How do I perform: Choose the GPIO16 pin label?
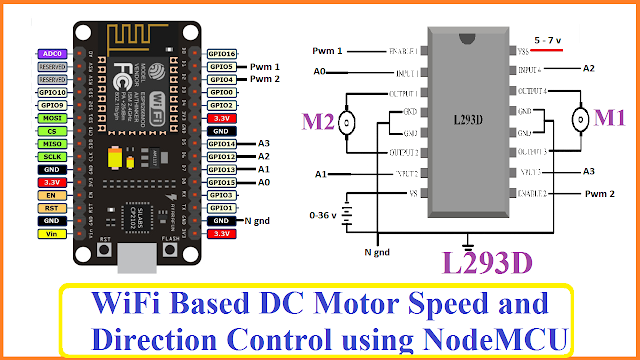tap(222, 53)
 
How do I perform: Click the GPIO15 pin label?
tap(222, 182)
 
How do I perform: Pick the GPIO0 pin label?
tap(222, 92)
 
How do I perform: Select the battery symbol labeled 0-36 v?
tap(346, 215)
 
